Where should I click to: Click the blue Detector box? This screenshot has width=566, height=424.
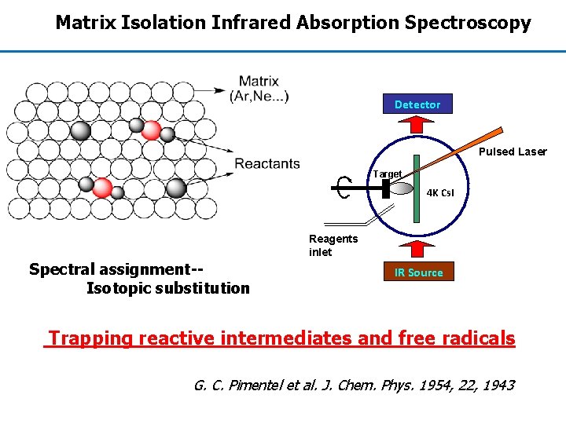417,104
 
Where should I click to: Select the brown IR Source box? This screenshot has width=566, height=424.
418,272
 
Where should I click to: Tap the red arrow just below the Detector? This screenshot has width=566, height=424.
417,126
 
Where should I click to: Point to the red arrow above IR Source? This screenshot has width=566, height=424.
417,249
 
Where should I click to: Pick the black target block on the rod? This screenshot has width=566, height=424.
386,188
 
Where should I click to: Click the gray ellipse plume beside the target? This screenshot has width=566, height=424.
402,188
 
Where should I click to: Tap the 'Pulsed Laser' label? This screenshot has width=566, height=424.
513,152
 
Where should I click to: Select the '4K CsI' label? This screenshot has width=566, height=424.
439,192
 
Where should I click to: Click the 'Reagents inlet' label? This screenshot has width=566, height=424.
333,245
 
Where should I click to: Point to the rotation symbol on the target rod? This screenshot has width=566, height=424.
342,188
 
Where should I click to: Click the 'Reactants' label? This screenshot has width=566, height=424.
267,163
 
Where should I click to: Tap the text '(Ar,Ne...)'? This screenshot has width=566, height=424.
259,97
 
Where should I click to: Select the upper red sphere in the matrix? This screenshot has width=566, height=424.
151,130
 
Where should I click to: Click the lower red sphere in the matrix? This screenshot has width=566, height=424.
102,187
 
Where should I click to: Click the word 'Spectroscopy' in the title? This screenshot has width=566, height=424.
468,23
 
